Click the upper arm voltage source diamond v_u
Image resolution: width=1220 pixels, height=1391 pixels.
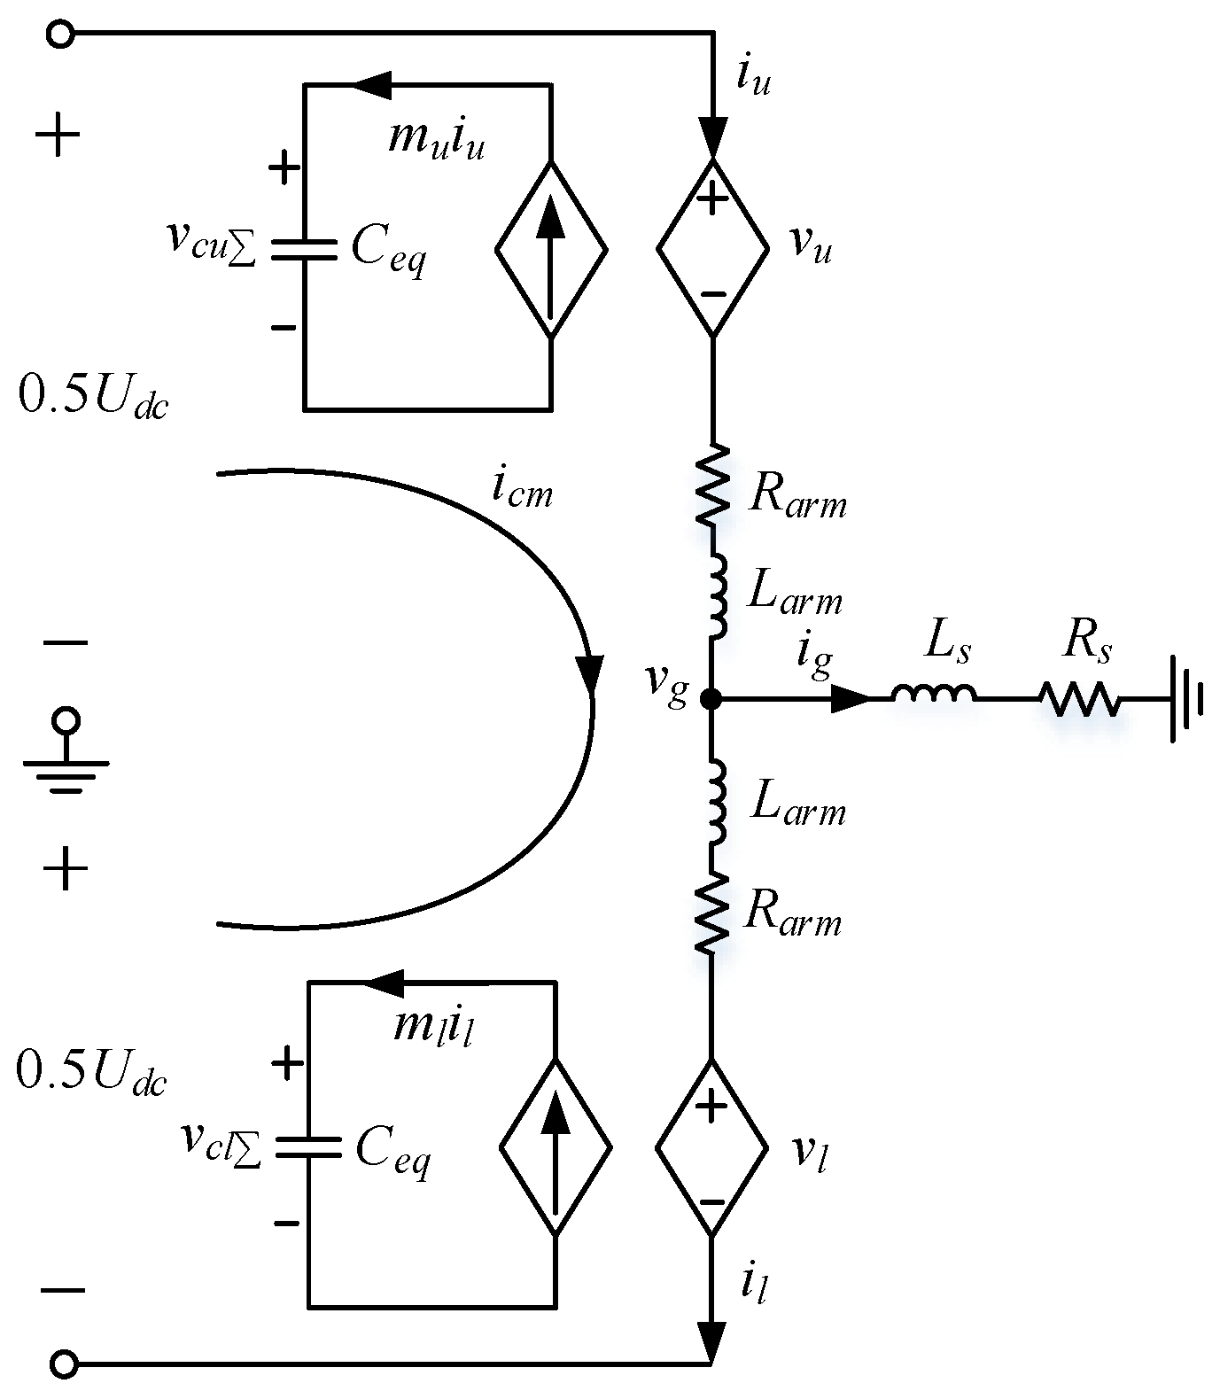[712, 248]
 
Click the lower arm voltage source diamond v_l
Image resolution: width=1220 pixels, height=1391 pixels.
[711, 1148]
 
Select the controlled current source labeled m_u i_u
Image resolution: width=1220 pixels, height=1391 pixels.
[551, 249]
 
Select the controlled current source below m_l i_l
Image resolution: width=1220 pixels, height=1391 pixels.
[556, 1148]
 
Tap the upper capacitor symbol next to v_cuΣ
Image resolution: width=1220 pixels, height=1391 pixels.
[304, 249]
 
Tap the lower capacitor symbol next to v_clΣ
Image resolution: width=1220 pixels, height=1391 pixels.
[308, 1147]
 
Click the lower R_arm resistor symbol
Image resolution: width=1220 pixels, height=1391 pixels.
[712, 913]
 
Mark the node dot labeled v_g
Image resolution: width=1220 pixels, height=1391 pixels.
[711, 699]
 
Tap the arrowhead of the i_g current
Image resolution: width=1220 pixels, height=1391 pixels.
[851, 699]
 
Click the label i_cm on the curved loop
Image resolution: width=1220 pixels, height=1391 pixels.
[522, 489]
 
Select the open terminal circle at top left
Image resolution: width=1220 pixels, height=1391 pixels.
[60, 35]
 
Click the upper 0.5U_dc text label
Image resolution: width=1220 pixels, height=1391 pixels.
[92, 398]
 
